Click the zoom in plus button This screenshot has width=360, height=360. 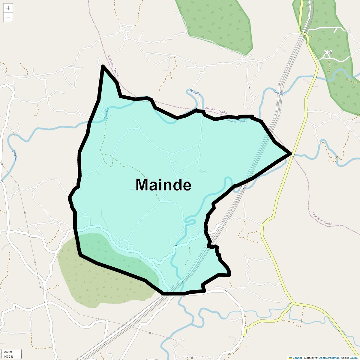pyautogui.click(x=8, y=8)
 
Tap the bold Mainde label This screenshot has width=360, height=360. pyautogui.click(x=163, y=185)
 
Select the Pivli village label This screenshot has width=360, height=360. pyautogui.click(x=328, y=52)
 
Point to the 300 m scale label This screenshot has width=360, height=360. pyautogui.click(x=8, y=352)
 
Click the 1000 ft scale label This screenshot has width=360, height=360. pyautogui.click(x=8, y=356)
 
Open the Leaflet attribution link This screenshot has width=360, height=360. pyautogui.click(x=297, y=358)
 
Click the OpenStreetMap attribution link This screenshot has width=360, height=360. pyautogui.click(x=329, y=358)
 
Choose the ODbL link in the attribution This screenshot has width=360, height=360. pyautogui.click(x=353, y=358)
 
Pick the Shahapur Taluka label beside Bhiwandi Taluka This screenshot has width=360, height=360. pyautogui.click(x=215, y=110)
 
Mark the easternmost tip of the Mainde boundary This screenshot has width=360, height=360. pyautogui.click(x=290, y=154)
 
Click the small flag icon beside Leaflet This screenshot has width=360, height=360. pyautogui.click(x=290, y=358)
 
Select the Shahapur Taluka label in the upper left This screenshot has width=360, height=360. pyautogui.click(x=113, y=65)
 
